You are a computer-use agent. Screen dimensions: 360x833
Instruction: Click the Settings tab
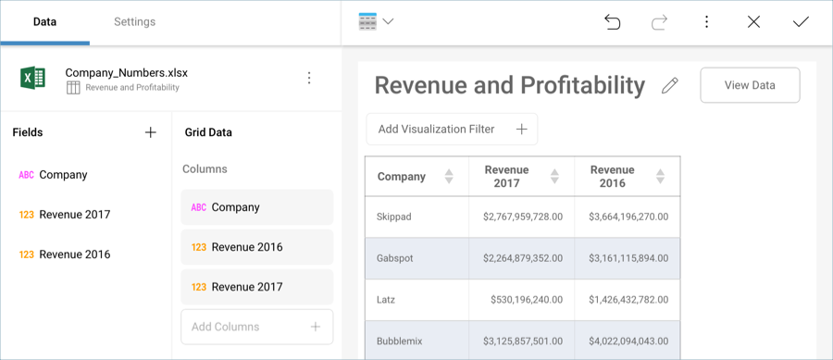134,21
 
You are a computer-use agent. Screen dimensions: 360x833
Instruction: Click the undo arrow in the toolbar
612,21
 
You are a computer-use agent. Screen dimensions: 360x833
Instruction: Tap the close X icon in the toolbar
753,21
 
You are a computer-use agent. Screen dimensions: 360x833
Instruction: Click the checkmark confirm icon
801,21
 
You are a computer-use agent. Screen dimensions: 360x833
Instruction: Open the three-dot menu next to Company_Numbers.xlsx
309,79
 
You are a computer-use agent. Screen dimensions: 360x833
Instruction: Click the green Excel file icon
33,79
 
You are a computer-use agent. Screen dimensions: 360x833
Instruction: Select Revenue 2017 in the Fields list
74,215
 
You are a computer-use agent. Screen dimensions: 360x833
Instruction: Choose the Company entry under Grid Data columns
256,207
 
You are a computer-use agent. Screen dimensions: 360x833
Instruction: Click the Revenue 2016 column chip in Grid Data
256,247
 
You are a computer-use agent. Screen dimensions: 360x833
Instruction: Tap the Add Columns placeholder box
256,327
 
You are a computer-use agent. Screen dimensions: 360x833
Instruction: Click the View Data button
750,85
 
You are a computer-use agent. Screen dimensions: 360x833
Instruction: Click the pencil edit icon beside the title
670,85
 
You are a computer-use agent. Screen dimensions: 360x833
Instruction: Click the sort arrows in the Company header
449,177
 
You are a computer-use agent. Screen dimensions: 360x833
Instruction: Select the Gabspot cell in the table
394,258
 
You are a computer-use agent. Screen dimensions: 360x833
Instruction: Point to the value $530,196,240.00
522,300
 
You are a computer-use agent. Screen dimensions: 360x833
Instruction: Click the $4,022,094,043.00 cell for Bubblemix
628,341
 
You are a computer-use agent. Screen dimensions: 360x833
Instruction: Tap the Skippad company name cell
394,217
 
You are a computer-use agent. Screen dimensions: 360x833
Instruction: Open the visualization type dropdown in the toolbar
376,21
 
